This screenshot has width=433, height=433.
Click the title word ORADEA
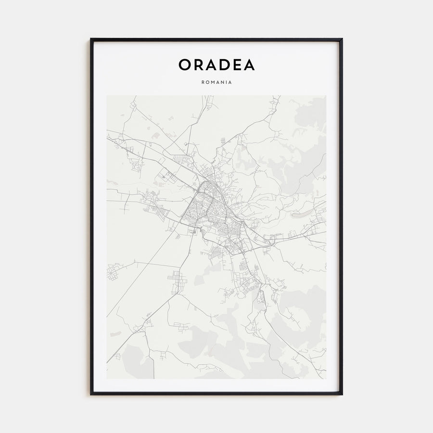[216, 65]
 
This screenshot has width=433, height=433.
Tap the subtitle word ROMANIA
[216, 82]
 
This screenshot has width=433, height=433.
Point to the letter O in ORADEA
[185, 65]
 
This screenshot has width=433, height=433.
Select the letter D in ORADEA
[224, 65]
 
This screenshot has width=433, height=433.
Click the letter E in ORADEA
[236, 65]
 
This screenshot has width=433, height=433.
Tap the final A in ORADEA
[249, 65]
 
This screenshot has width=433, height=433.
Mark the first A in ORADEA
[211, 65]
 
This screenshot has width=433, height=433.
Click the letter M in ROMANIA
[211, 82]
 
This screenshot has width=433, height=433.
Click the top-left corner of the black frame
[91, 39]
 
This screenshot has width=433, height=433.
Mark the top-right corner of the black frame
[342, 39]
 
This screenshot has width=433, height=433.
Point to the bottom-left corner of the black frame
[91, 394]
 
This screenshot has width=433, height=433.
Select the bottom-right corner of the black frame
[342, 394]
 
